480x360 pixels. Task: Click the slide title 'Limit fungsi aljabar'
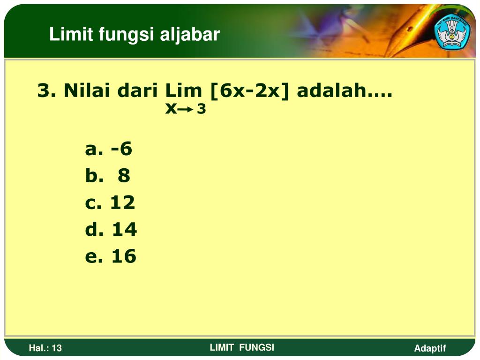[x=135, y=34]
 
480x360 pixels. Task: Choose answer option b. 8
[x=108, y=176]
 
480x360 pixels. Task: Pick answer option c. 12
[x=110, y=202]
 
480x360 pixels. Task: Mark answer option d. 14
[x=111, y=229]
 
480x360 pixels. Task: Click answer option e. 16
[x=111, y=256]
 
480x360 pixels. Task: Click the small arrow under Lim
[x=186, y=110]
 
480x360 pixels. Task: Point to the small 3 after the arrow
[x=201, y=110]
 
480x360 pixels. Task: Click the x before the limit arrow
[x=171, y=109]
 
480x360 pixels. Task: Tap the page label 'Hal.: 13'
[x=45, y=348]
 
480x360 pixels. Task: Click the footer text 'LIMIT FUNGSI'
[x=242, y=347]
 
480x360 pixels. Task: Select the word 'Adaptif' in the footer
[x=430, y=348]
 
